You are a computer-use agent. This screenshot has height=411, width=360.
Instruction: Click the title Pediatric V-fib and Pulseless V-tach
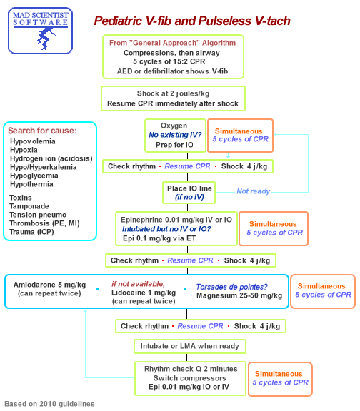192,21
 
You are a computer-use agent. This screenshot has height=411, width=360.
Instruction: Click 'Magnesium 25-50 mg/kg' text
239,295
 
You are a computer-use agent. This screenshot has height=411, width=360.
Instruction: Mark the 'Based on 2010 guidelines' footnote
49,403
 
